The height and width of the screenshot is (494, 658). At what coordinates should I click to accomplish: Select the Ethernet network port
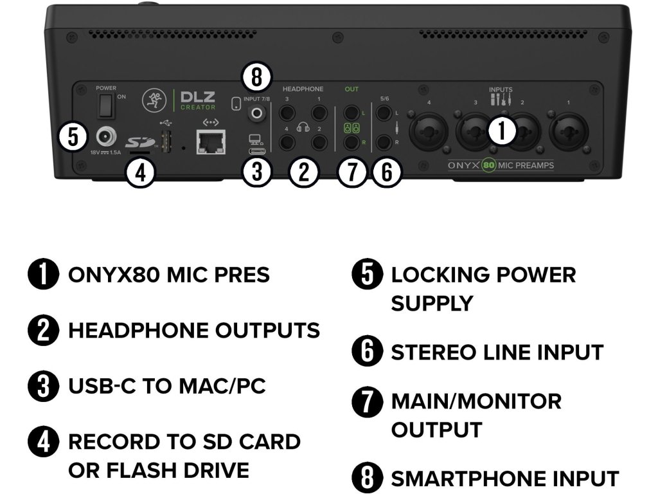(211, 142)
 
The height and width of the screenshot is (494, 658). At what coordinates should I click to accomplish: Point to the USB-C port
(257, 150)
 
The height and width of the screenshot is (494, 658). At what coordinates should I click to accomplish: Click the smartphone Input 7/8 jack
(256, 113)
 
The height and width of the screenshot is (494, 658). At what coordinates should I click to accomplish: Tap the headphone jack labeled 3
(287, 112)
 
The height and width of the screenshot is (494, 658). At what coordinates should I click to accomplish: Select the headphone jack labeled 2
(319, 142)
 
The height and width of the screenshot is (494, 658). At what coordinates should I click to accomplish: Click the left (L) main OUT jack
(351, 112)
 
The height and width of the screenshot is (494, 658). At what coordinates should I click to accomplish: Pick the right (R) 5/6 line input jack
(384, 142)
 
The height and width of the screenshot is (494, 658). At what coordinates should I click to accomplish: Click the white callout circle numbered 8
(257, 77)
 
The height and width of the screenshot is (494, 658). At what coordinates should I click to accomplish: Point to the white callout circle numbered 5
(73, 136)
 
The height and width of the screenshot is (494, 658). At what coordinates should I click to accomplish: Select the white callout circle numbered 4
(141, 172)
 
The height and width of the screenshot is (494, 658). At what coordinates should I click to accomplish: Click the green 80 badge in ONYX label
(489, 165)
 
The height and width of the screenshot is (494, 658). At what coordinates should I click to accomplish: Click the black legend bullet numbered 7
(367, 401)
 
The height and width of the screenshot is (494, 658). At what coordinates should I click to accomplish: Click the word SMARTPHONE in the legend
(467, 478)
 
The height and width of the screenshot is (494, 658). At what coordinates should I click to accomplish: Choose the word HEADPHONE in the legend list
(139, 330)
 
